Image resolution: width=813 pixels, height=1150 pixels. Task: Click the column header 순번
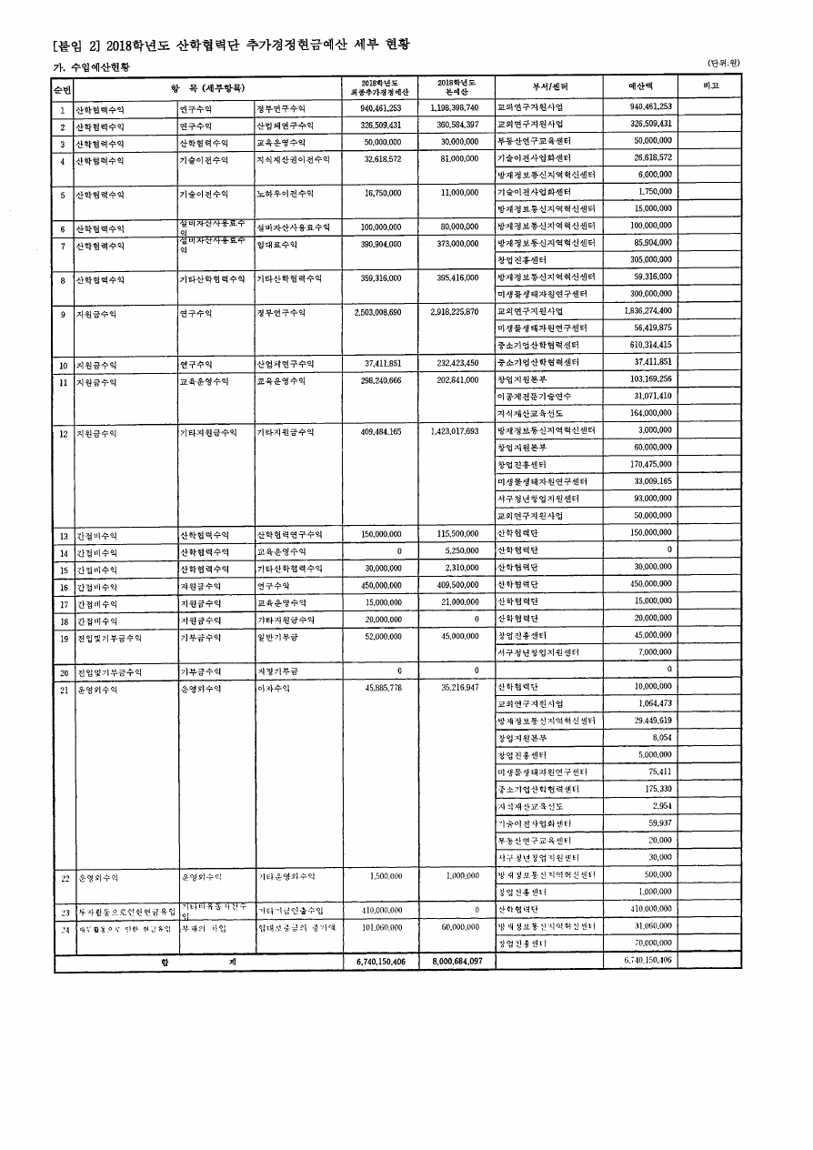point(63,89)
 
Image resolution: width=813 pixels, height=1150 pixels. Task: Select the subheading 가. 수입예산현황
point(90,67)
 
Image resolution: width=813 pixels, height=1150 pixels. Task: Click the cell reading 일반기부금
point(281,637)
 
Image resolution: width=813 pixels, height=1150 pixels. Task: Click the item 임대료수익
point(277,246)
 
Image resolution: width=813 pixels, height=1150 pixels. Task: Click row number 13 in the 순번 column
point(64,535)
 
